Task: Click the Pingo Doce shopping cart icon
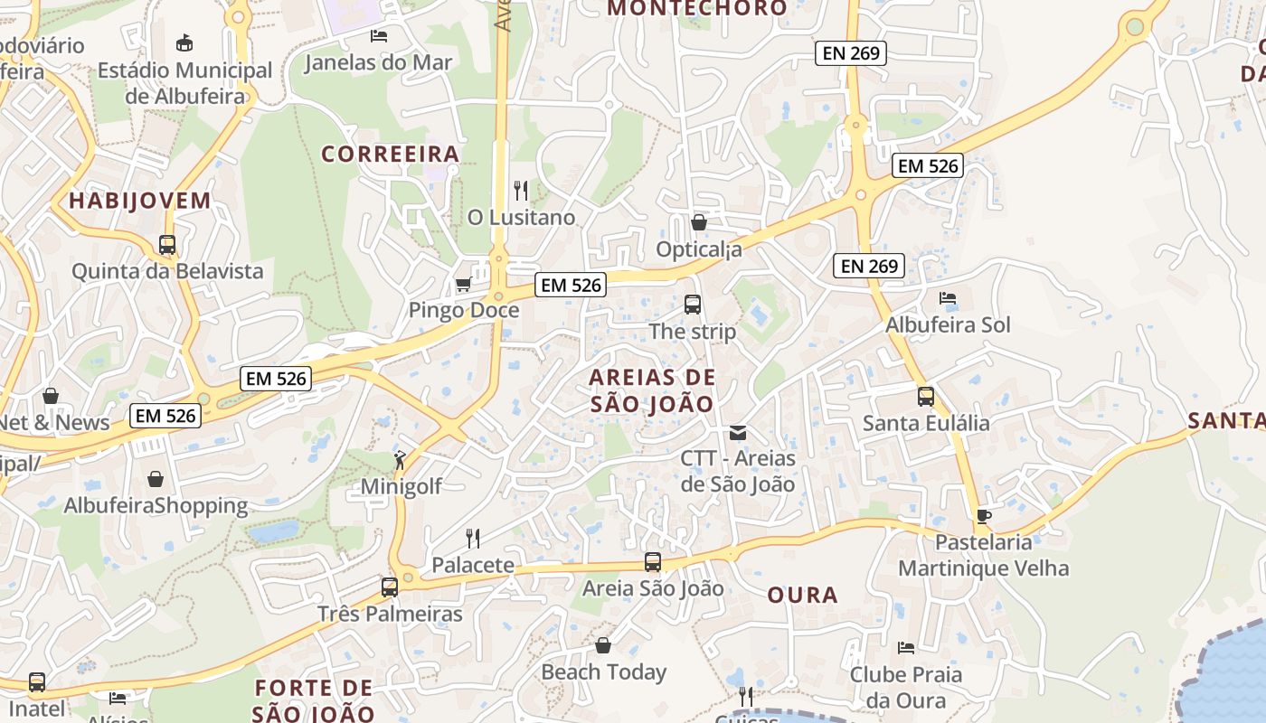click(x=463, y=285)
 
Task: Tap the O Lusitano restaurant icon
click(x=520, y=191)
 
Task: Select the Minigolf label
click(x=402, y=486)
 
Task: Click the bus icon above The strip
click(x=693, y=305)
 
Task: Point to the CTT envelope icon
click(x=738, y=433)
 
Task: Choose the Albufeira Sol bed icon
click(x=948, y=298)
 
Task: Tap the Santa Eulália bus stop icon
click(x=926, y=397)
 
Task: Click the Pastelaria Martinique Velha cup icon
click(x=983, y=516)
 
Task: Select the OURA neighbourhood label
click(x=802, y=595)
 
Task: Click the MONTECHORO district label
click(x=697, y=9)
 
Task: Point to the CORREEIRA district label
click(x=391, y=155)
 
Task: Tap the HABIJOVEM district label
click(x=139, y=201)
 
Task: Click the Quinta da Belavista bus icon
click(x=167, y=245)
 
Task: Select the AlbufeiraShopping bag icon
click(x=156, y=479)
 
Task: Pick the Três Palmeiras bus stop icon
click(x=390, y=587)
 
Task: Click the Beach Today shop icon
click(x=603, y=645)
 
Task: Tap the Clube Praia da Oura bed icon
click(x=906, y=648)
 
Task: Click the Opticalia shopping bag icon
click(x=699, y=222)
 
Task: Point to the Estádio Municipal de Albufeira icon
click(x=184, y=42)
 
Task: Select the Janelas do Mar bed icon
click(x=379, y=36)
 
